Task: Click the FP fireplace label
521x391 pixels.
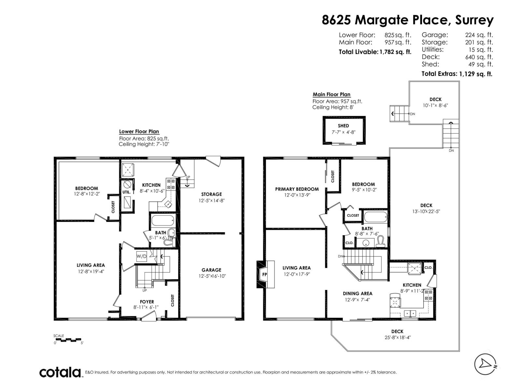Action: pyautogui.click(x=264, y=274)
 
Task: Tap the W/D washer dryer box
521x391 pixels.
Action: pyautogui.click(x=141, y=256)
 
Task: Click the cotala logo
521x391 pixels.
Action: pyautogui.click(x=60, y=372)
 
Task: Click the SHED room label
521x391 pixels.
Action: pyautogui.click(x=343, y=126)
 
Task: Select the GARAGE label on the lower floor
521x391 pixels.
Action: pyautogui.click(x=211, y=270)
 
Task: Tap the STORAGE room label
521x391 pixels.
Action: pyautogui.click(x=211, y=194)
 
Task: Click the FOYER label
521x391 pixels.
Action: pyautogui.click(x=147, y=302)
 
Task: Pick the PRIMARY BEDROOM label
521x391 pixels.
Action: pyautogui.click(x=297, y=189)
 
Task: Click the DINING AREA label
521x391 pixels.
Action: pyautogui.click(x=358, y=294)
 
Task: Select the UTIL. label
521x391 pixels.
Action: pyautogui.click(x=127, y=192)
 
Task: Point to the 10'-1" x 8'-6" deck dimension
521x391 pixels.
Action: pyautogui.click(x=435, y=105)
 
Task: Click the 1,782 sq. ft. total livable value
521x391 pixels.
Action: pyautogui.click(x=395, y=52)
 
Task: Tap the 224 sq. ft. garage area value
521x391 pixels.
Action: pyautogui.click(x=479, y=35)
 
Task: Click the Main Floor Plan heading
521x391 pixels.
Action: pyautogui.click(x=331, y=94)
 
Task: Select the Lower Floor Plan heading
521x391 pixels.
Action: pyautogui.click(x=139, y=132)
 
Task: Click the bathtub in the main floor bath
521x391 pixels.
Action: pyautogui.click(x=375, y=216)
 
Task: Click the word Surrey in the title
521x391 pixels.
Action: pyautogui.click(x=474, y=20)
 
